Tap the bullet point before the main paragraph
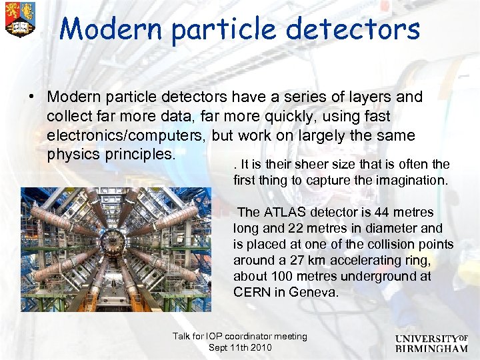coord(31,97)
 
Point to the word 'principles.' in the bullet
coord(139,155)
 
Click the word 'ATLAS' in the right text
coord(285,212)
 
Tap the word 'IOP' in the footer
coord(211,337)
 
